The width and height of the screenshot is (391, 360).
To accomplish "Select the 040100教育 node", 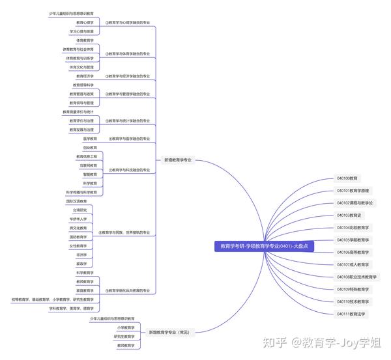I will (347, 178).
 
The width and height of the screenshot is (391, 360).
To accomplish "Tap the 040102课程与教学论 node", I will (355, 203).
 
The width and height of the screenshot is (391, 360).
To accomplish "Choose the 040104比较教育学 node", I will (353, 228).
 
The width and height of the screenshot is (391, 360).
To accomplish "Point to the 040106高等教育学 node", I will (353, 252).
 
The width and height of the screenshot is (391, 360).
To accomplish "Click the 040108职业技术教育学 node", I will (356, 277).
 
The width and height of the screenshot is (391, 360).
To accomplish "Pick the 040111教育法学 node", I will (351, 314).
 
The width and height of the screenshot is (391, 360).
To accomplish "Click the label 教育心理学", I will (85, 22).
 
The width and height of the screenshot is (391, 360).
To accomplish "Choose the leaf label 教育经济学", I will (85, 76).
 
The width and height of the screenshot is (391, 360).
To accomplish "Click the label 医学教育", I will (90, 139).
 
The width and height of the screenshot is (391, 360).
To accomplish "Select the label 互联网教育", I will (88, 165).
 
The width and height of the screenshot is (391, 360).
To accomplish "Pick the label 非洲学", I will (81, 255).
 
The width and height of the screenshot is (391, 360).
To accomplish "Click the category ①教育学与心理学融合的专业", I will (127, 22).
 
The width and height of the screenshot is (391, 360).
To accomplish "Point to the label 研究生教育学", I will (124, 337).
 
